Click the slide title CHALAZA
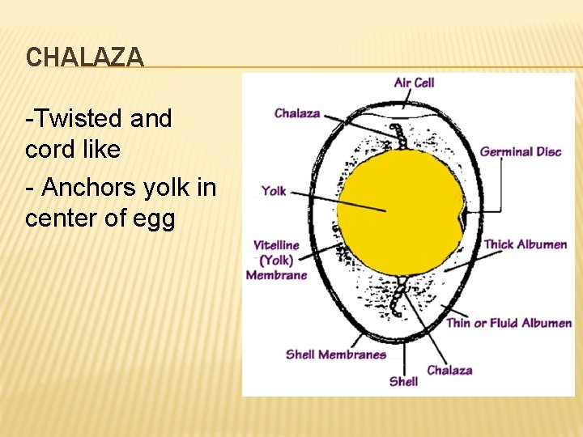[x=84, y=57]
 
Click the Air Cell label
[x=414, y=83]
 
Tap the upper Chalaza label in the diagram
[x=297, y=113]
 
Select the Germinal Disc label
[x=520, y=151]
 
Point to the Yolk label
[x=274, y=191]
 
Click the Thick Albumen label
[x=525, y=244]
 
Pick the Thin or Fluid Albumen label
[x=509, y=323]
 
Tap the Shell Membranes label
[x=335, y=354]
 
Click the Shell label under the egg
[x=403, y=380]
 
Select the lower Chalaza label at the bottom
[x=449, y=370]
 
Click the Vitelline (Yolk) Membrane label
[x=276, y=260]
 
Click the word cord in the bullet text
[x=48, y=150]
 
